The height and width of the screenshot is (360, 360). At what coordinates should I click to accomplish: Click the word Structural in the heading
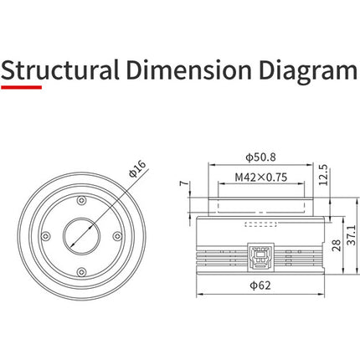pyautogui.click(x=60, y=69)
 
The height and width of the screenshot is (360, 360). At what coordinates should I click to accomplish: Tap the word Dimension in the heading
pyautogui.click(x=188, y=69)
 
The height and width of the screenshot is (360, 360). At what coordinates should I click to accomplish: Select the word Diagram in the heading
pyautogui.click(x=308, y=71)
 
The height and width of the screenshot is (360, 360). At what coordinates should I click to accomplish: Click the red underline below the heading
pyautogui.click(x=22, y=87)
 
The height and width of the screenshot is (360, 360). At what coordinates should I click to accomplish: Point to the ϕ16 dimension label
pyautogui.click(x=137, y=168)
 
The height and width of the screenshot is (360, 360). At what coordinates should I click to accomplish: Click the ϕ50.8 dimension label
pyautogui.click(x=260, y=157)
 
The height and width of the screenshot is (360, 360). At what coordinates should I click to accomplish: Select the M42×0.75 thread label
pyautogui.click(x=261, y=177)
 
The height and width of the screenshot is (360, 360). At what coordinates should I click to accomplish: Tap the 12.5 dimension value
pyautogui.click(x=323, y=175)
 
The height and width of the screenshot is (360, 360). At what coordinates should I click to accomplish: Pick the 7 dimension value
pyautogui.click(x=184, y=183)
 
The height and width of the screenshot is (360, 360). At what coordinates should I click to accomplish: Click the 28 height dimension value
pyautogui.click(x=337, y=245)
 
